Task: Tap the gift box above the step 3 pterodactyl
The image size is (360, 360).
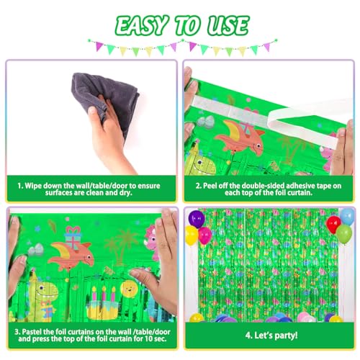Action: [x=73, y=235]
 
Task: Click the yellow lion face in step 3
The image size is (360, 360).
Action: [x=129, y=290]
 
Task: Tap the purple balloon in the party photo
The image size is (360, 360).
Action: [x=197, y=219]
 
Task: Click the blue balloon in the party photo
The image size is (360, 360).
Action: [x=346, y=216]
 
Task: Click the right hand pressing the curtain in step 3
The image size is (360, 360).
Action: [x=162, y=263]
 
